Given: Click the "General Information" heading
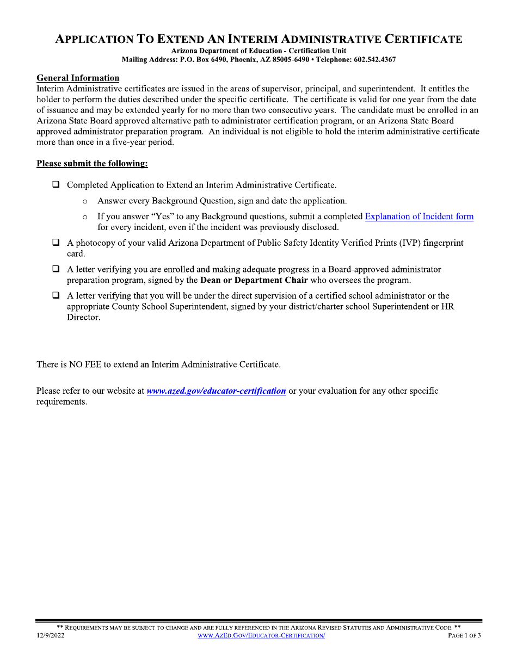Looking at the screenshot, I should [x=78, y=78].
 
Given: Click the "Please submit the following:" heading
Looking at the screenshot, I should [x=92, y=163].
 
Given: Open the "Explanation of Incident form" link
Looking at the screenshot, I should [x=419, y=216].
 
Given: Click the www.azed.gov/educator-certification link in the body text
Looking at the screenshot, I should [x=216, y=391].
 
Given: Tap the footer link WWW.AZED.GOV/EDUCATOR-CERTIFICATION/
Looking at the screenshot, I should [x=261, y=636].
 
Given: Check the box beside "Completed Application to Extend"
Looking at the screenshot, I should [x=56, y=185].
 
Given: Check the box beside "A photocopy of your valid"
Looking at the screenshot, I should [x=56, y=243].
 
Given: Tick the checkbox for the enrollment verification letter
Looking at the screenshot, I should [x=56, y=269].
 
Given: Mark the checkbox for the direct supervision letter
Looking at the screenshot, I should [x=56, y=296].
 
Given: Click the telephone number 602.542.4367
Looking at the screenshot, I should [x=375, y=59].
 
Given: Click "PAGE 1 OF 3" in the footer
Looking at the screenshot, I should [x=464, y=636].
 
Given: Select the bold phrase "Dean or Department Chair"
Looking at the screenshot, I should [x=254, y=281].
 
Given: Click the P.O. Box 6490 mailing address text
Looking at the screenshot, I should [x=204, y=59].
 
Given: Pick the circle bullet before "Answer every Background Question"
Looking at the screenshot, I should [x=85, y=202].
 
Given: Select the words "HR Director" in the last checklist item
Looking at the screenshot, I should [x=447, y=307].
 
